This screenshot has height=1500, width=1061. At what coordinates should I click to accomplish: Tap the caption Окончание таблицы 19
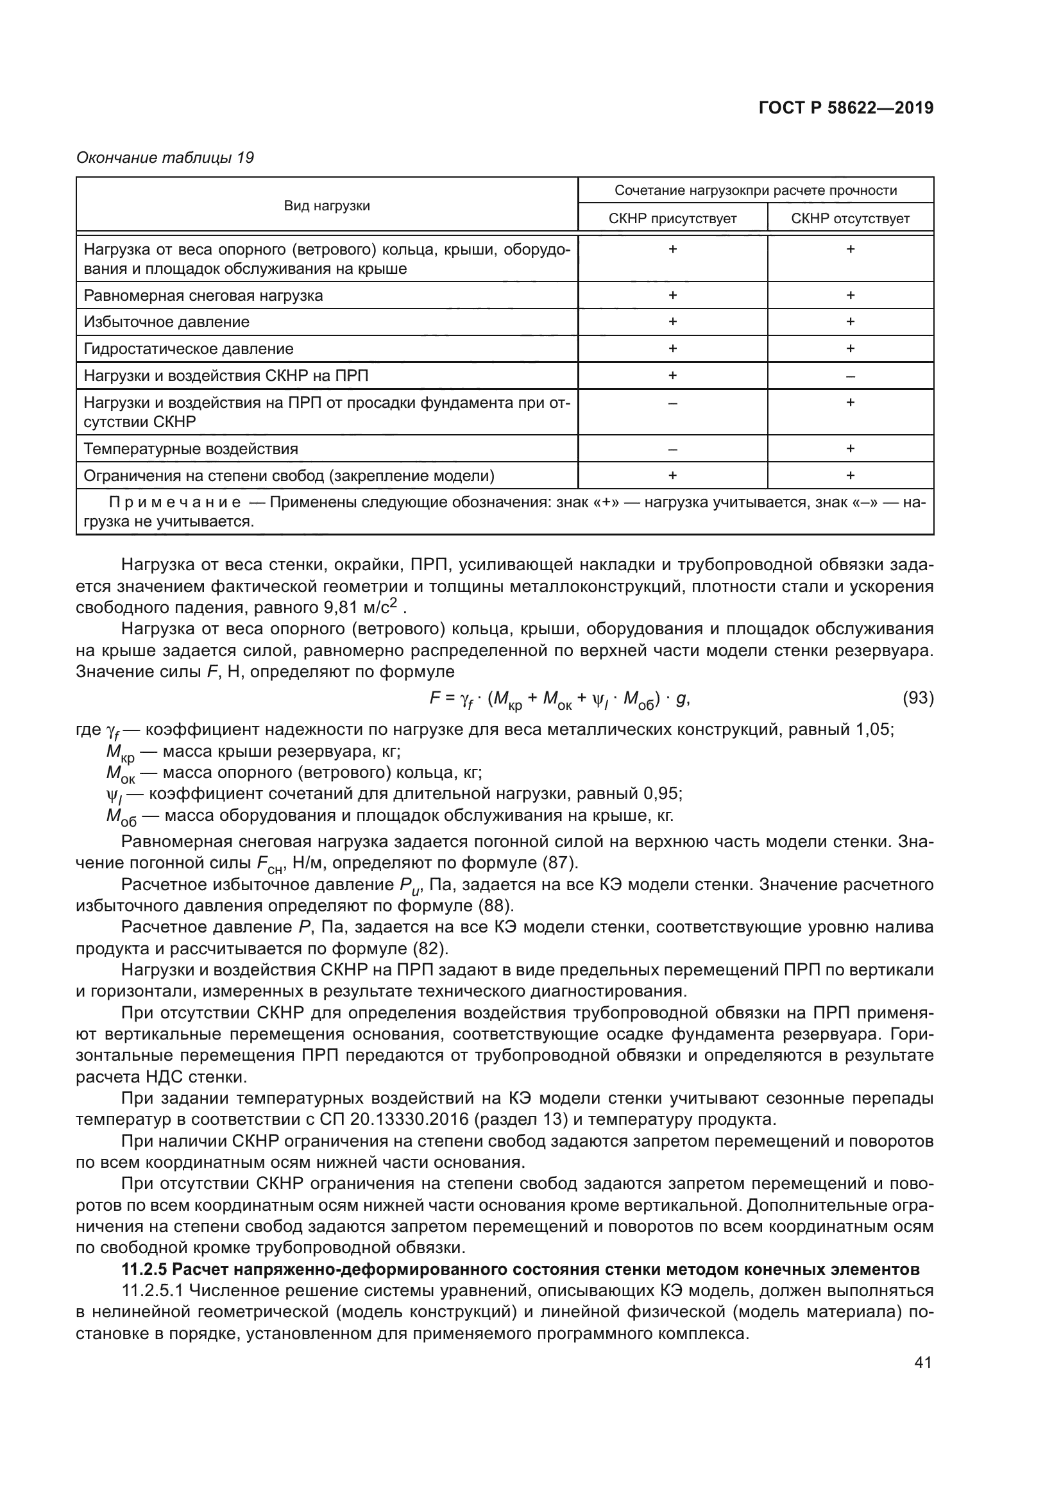point(166,158)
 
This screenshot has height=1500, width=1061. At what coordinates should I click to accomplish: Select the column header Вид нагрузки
point(327,206)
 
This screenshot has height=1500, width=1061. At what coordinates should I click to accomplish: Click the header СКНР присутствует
point(672,219)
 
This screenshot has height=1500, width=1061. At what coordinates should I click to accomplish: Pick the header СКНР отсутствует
point(850,219)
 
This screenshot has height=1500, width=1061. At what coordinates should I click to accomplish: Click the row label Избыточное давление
point(167,322)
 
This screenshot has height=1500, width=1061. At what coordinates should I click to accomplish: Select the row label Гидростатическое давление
point(189,349)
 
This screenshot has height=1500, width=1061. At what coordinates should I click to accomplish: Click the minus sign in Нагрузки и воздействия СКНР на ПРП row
point(850,376)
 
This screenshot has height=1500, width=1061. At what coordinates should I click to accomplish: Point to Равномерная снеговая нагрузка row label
point(203,295)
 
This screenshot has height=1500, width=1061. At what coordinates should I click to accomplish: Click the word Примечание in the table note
point(174,502)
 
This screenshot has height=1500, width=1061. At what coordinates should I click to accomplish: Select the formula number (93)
point(917,698)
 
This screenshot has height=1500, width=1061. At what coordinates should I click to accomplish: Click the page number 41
point(922,1362)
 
